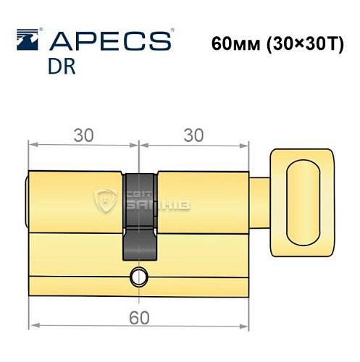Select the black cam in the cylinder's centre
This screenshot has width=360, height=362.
(x=138, y=217)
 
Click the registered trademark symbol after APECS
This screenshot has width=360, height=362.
(x=172, y=30)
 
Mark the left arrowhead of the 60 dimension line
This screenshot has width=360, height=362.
(x=32, y=324)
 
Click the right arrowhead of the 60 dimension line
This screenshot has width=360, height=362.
(x=246, y=324)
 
